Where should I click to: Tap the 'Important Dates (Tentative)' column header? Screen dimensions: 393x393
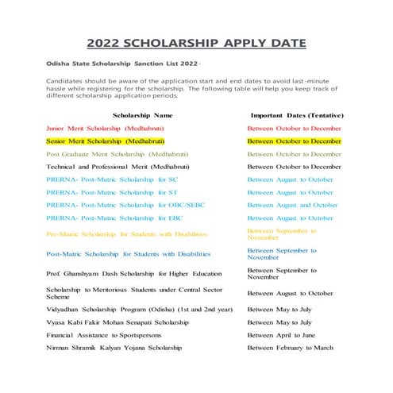click(295, 115)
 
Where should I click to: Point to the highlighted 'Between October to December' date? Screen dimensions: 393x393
click(294, 141)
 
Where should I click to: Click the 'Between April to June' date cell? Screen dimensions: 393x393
click(281, 335)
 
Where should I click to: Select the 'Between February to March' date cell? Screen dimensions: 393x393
click(290, 348)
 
